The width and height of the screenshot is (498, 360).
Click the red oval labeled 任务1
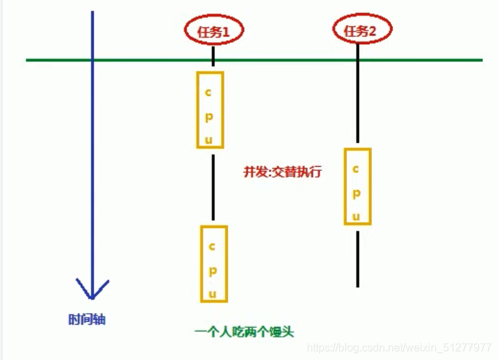214,31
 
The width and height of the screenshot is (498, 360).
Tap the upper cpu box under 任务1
210,109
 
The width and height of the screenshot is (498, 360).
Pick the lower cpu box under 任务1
213,263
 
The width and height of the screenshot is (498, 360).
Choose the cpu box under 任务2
357,186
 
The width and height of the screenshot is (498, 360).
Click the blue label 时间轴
87,319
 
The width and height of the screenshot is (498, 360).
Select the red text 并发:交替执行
282,172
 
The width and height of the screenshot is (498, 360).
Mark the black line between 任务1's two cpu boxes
214,187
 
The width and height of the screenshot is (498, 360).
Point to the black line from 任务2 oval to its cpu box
357,102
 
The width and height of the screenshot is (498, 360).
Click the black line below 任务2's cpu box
357,259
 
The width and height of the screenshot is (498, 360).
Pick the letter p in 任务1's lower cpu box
212,269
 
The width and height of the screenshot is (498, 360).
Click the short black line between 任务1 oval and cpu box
214,55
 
